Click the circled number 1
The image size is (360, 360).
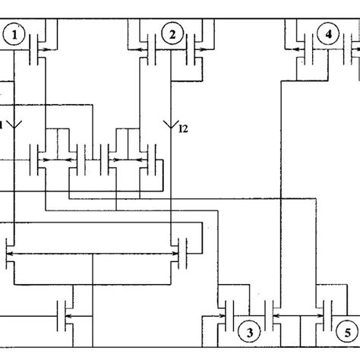[x=14, y=36]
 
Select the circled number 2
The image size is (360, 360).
[x=172, y=36]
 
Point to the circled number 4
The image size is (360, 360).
[x=327, y=35]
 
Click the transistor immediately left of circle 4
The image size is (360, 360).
[x=302, y=50]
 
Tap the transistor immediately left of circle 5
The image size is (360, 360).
[x=327, y=311]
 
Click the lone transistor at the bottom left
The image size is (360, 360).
[x=67, y=311]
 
